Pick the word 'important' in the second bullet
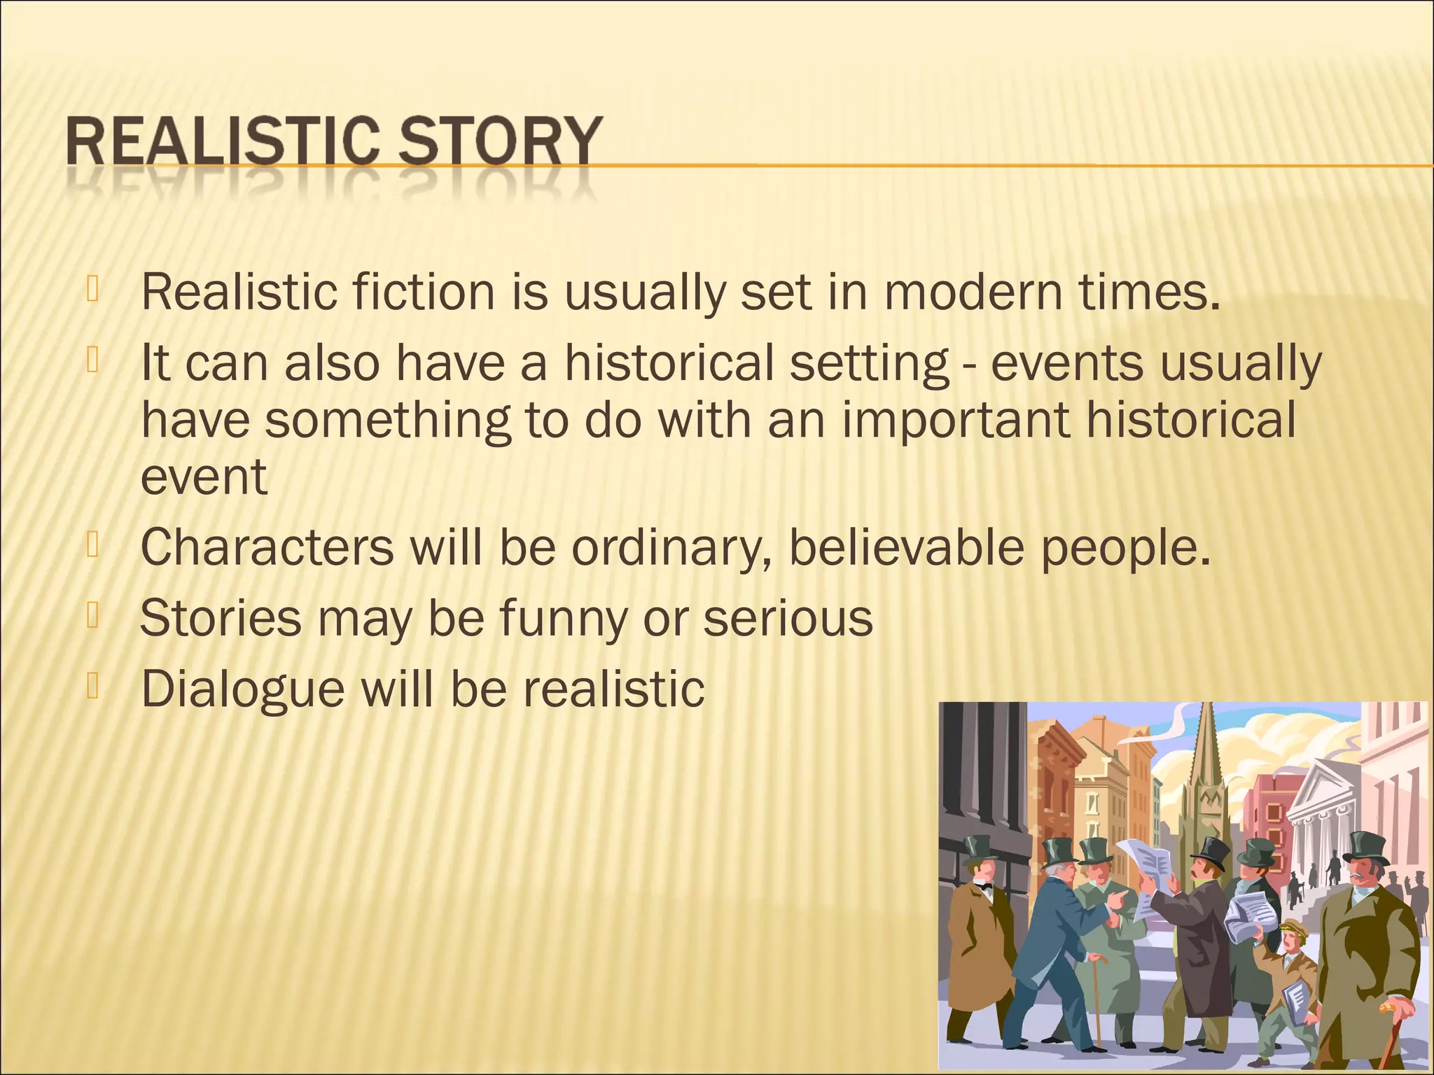point(956,421)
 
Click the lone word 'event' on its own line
point(204,477)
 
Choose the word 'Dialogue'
point(243,689)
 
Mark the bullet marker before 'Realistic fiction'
point(92,288)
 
